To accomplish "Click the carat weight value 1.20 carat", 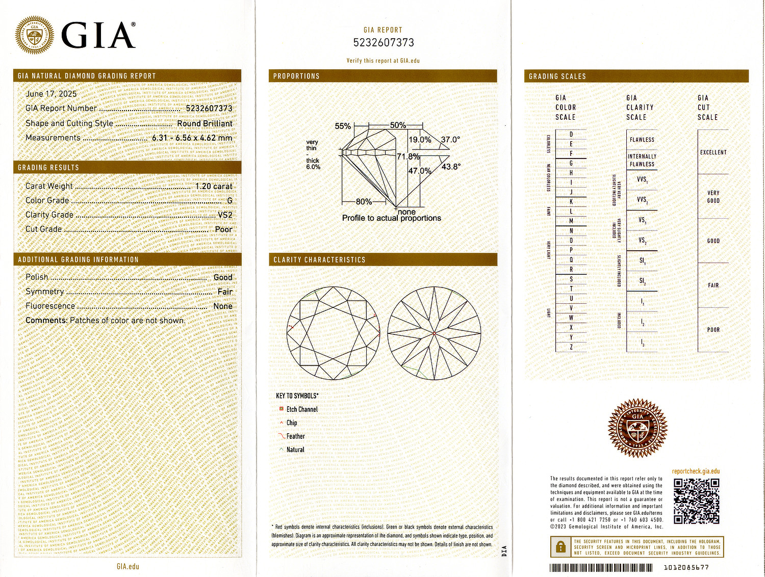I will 214,186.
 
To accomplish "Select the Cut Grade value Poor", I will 223,229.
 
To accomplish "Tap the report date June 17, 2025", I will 51,94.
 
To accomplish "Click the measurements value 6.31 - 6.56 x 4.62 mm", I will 192,138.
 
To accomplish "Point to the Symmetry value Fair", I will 225,292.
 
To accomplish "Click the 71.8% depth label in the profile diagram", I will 408,156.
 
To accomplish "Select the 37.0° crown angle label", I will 450,140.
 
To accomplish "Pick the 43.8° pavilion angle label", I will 451,167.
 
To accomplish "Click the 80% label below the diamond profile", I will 364,202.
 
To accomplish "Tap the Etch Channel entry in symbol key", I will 301,409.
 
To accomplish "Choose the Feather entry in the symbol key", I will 295,436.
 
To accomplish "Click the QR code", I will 696,501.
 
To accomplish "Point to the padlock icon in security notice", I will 560,547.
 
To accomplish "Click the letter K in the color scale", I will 571,202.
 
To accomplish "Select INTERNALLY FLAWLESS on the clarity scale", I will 642,160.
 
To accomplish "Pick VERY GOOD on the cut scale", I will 713,197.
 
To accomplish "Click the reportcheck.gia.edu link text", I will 696,471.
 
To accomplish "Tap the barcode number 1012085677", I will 686,567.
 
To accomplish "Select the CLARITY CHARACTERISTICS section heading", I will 319,260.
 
